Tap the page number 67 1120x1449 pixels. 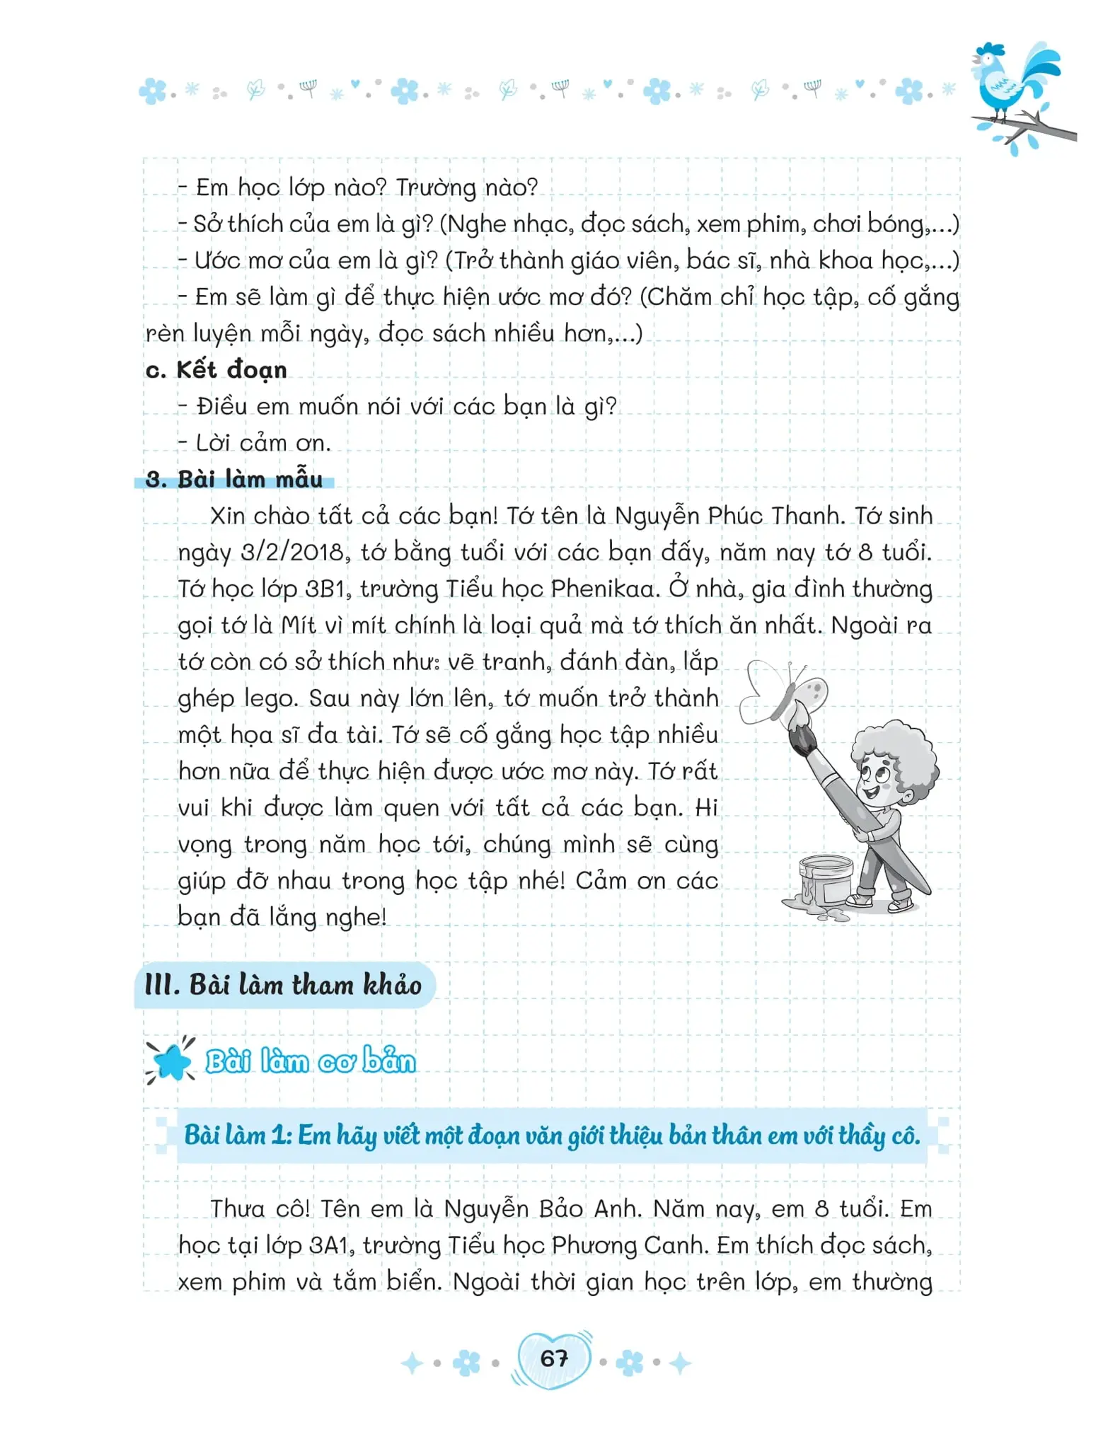click(553, 1358)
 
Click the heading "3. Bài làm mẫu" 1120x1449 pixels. click(233, 480)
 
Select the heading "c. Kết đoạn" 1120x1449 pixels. click(216, 370)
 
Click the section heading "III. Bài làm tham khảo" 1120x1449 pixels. click(283, 985)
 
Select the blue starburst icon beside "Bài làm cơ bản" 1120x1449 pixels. click(170, 1061)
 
